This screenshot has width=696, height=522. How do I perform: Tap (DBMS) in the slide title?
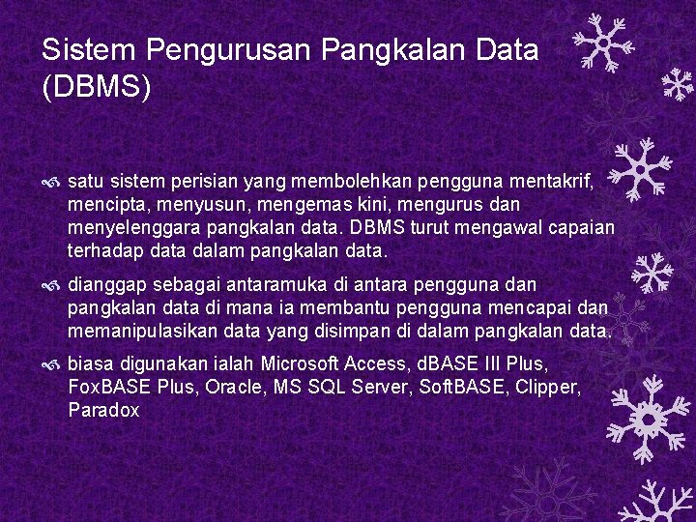point(97,88)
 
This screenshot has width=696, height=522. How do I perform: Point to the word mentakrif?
point(555,180)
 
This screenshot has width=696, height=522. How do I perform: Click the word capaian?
point(580,229)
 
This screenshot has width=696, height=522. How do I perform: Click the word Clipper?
point(549,389)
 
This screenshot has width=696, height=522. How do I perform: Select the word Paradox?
point(104,412)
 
